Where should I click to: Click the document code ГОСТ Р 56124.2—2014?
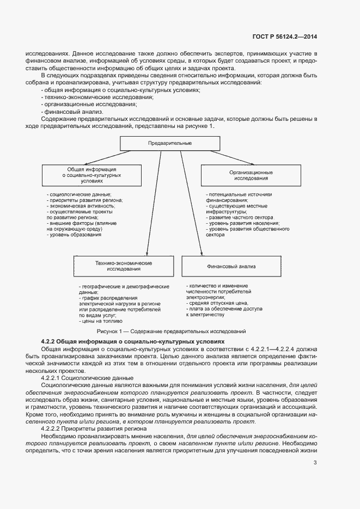pos(285,37)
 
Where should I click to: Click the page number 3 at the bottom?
pos(315,463)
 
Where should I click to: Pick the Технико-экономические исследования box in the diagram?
pos(124,266)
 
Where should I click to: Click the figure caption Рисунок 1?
pos(171,331)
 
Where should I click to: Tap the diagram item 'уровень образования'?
pos(76,235)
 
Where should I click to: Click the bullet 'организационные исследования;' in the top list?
pos(90,103)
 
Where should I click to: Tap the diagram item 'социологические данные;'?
pos(80,194)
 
